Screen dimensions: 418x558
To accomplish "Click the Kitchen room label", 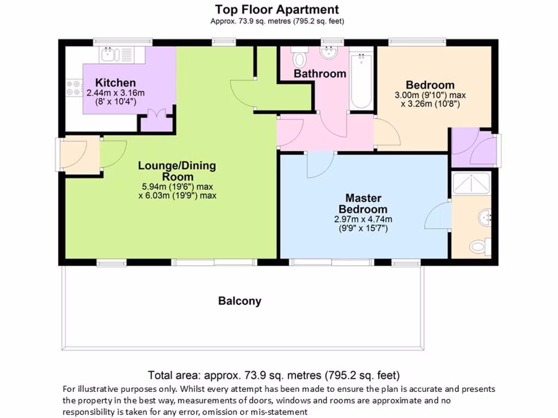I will (x=116, y=83).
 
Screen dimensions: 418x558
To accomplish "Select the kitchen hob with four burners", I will (x=72, y=89).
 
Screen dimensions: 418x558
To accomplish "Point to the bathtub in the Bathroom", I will (x=361, y=82).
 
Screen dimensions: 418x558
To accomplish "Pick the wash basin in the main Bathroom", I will (x=329, y=54).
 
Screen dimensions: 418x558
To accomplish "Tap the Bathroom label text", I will (x=320, y=73).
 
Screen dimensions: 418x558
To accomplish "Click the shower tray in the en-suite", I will (x=472, y=185).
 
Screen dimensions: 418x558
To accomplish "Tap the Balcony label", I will (x=240, y=300).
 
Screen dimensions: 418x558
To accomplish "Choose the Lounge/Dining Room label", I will (x=177, y=171).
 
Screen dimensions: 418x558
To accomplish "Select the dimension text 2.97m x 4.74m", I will (x=363, y=219).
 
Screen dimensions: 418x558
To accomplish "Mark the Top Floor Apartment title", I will (x=277, y=9).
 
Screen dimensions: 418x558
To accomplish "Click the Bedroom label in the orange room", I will (x=430, y=85).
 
